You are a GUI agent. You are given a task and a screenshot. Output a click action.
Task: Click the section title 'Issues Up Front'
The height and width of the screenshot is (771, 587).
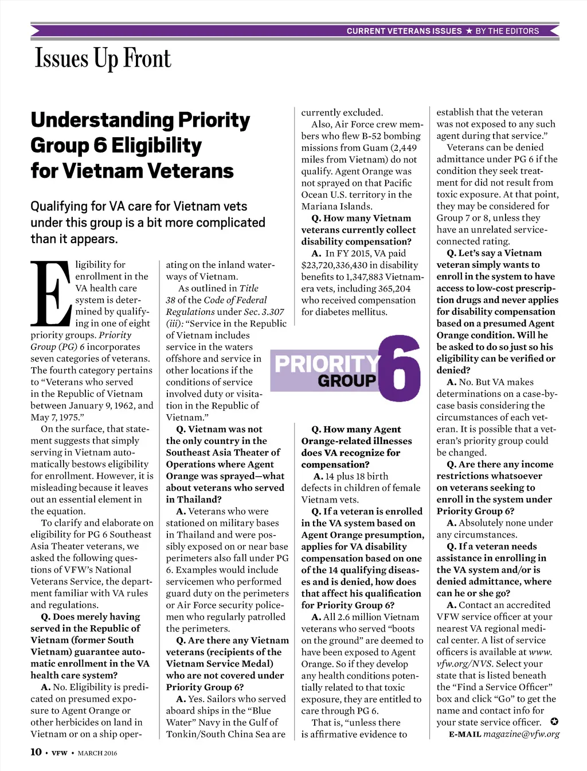point(103,59)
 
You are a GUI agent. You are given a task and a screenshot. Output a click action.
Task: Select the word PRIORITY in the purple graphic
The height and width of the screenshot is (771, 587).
point(327,364)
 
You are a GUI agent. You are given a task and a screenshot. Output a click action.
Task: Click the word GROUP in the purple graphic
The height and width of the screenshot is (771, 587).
point(347,380)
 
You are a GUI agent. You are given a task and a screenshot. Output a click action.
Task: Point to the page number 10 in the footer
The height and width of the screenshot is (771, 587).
point(36,752)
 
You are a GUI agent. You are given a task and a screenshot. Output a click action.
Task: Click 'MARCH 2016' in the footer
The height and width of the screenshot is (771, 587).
point(97,753)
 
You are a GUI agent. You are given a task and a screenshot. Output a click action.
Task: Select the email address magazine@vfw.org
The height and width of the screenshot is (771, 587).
point(521,734)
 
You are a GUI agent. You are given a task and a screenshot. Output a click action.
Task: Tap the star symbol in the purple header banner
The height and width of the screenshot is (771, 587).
point(469,31)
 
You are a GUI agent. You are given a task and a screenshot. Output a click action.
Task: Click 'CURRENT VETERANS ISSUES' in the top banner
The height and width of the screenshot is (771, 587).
point(404,31)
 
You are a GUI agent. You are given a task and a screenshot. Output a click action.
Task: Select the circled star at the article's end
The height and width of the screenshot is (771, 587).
point(554,722)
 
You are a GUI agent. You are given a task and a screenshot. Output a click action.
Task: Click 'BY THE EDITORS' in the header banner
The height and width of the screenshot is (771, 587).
point(507,31)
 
